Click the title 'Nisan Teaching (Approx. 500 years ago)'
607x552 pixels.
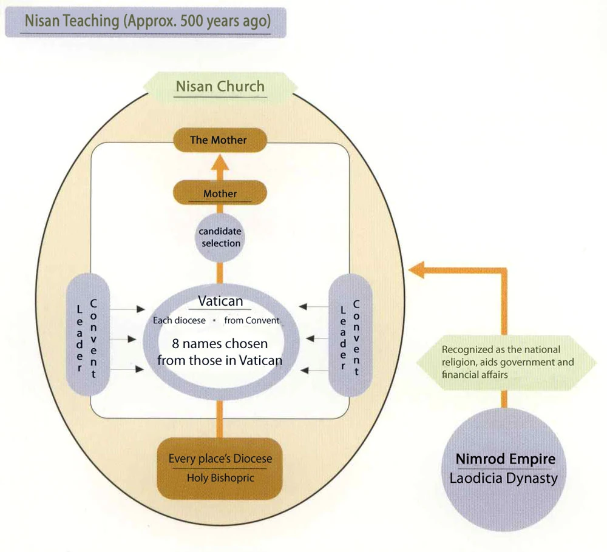point(146,22)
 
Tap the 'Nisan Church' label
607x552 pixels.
point(220,86)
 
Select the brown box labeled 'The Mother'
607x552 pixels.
point(219,140)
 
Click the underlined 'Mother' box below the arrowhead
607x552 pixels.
point(220,194)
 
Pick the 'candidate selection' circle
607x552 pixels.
point(220,237)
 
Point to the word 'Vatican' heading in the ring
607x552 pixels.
point(220,301)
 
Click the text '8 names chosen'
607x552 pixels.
point(220,344)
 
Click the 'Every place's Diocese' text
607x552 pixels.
point(220,459)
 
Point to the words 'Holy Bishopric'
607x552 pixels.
point(220,478)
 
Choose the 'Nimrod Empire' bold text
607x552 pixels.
point(505,458)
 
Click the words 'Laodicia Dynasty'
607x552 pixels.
point(503,478)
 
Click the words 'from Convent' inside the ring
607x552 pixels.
point(252,320)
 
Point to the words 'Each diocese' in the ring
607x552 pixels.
point(178,320)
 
